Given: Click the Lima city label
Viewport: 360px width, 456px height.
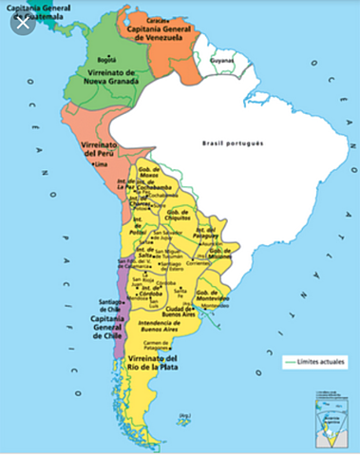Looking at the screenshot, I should [x=102, y=165].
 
